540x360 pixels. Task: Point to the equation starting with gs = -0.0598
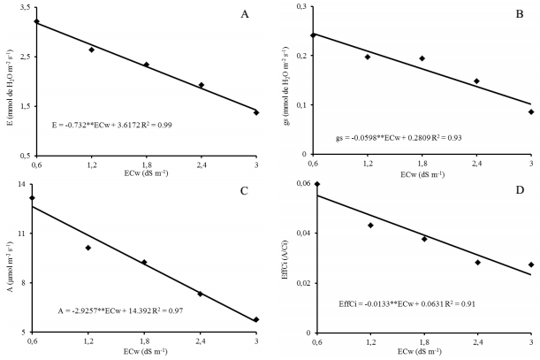tap(399, 139)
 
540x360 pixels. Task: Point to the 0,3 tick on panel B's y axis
tap(298, 7)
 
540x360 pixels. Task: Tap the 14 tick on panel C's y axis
tap(21, 184)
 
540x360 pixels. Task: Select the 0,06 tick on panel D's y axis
tap(295, 184)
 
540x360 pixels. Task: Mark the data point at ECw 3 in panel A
tap(256, 112)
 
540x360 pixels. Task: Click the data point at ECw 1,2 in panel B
tap(368, 57)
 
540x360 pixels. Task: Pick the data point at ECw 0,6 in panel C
tap(34, 198)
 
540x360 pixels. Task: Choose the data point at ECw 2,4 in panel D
tap(477, 262)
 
